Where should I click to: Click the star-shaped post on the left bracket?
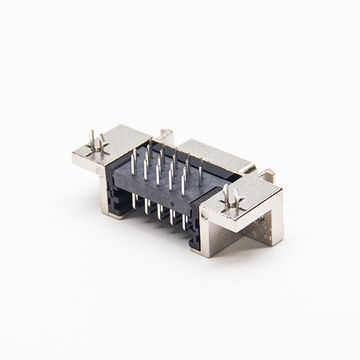tap(94, 144)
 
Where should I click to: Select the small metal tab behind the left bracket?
tap(164, 136)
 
